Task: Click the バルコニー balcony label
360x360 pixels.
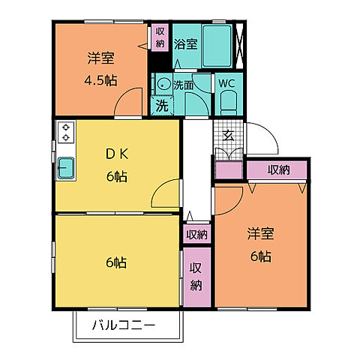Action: point(124,326)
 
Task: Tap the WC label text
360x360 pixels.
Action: point(227,84)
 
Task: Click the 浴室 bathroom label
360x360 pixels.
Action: point(185,44)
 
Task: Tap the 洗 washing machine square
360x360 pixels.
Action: point(161,106)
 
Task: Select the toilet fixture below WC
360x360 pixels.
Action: point(229,103)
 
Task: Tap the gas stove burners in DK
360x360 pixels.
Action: point(65,133)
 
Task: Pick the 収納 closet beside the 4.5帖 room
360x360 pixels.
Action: point(160,37)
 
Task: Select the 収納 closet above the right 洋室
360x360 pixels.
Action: point(277,170)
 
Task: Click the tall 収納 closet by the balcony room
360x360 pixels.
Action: point(196,277)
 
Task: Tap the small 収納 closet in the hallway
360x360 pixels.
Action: point(196,234)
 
